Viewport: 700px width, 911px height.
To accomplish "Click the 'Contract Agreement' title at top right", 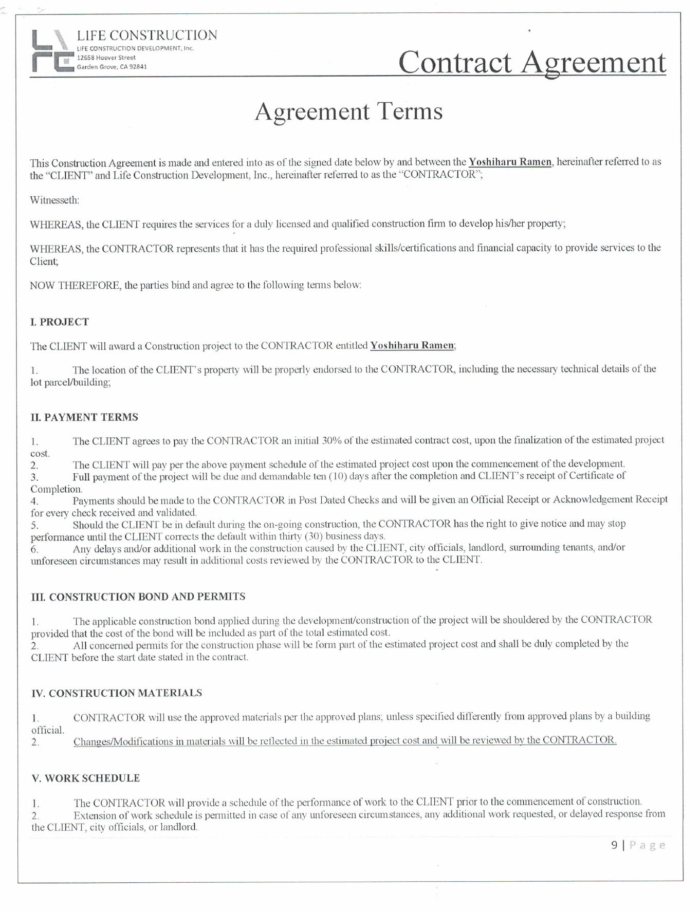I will (x=532, y=62).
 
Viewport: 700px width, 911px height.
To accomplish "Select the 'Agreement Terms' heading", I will (x=348, y=111).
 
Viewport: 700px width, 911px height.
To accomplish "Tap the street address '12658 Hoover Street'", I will (x=106, y=58).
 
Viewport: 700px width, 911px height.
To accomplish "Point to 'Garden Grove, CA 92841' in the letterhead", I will (x=112, y=67).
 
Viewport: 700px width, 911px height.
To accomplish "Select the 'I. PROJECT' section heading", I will (x=60, y=322).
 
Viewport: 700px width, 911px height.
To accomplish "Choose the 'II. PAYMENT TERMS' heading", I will (x=84, y=417).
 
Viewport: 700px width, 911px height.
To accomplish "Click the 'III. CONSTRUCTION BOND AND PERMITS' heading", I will (x=138, y=597).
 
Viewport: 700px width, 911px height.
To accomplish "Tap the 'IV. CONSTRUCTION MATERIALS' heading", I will (x=117, y=693).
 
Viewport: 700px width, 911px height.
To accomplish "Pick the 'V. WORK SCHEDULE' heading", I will (x=85, y=778).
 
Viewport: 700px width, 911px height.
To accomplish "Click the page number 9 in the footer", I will (x=614, y=845).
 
